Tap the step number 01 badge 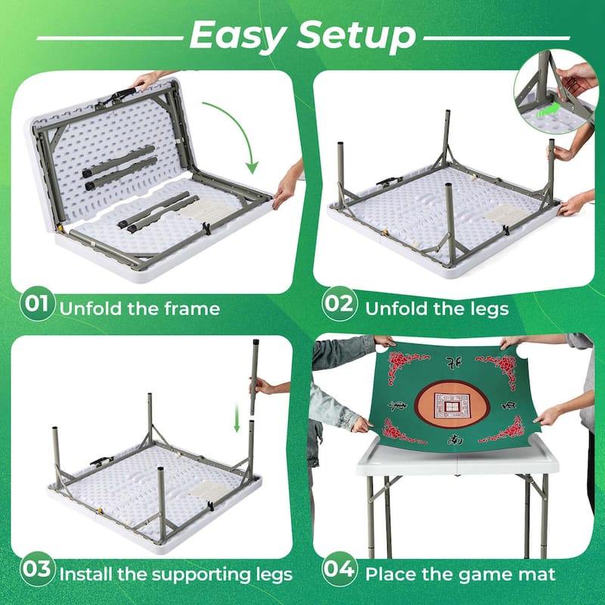coord(37,306)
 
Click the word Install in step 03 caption coord(88,574)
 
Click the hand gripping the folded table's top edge coord(145,79)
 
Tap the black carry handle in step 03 coord(103,460)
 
